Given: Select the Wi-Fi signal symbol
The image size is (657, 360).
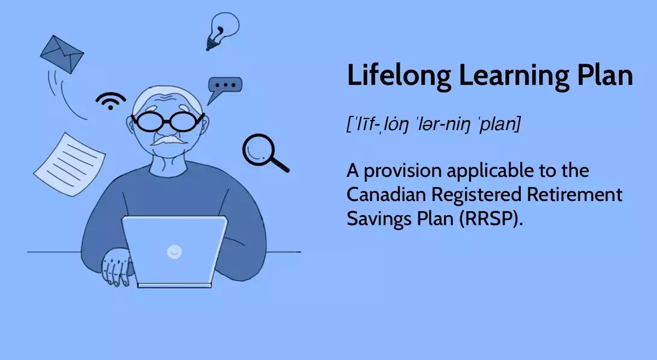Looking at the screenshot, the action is [x=110, y=101].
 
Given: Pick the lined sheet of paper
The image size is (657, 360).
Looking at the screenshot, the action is [x=70, y=164].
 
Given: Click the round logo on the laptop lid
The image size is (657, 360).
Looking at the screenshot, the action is [x=175, y=251].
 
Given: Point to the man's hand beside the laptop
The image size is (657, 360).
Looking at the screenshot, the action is [x=116, y=267].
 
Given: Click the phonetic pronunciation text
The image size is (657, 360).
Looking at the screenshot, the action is [x=434, y=124].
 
